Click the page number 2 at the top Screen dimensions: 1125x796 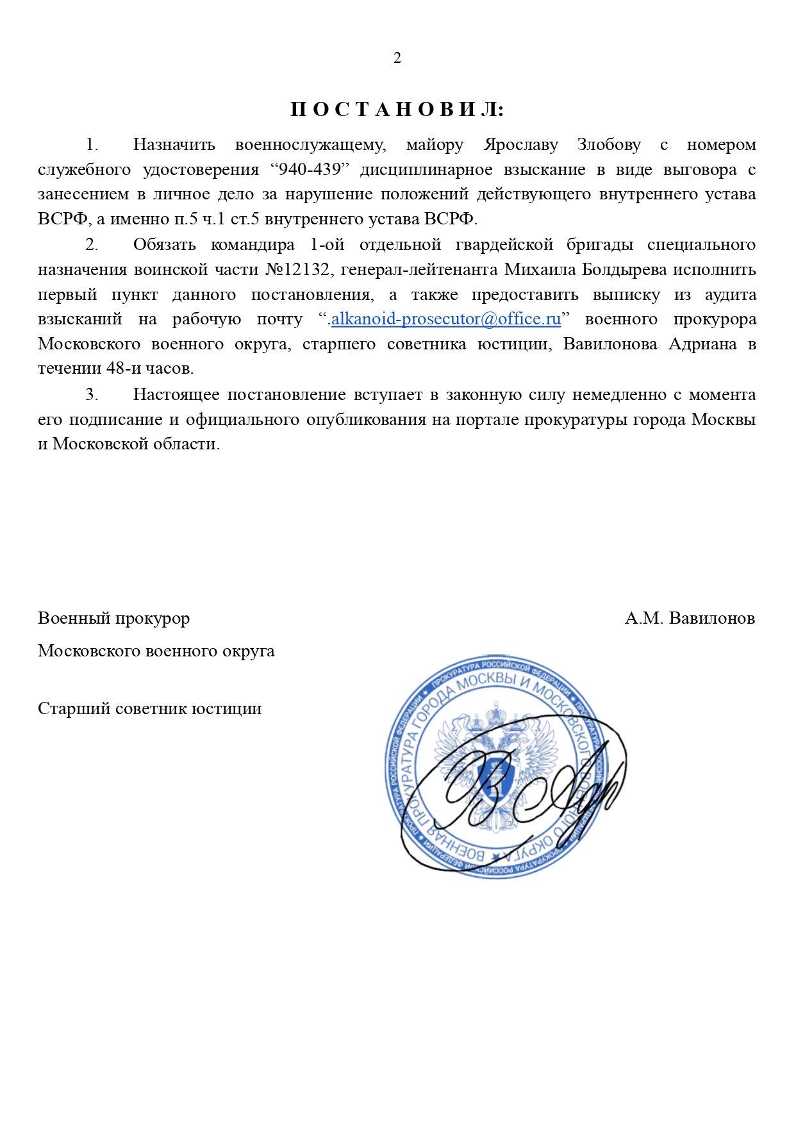tap(397, 58)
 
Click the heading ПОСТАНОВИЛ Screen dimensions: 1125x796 tap(397, 110)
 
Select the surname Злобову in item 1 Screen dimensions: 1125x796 tap(609, 145)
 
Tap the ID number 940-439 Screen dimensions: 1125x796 tap(310, 170)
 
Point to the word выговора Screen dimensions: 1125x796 tap(700, 170)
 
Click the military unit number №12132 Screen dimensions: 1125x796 tap(298, 270)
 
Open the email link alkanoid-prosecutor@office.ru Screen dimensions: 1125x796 tap(445, 319)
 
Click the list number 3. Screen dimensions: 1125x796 tap(92, 395)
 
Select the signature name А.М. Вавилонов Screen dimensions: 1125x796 tap(690, 619)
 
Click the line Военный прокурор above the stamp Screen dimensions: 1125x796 tap(114, 619)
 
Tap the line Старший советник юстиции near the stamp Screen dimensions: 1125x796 tap(150, 709)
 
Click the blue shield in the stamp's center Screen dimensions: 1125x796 tap(495, 779)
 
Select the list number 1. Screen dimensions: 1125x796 tap(92, 145)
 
